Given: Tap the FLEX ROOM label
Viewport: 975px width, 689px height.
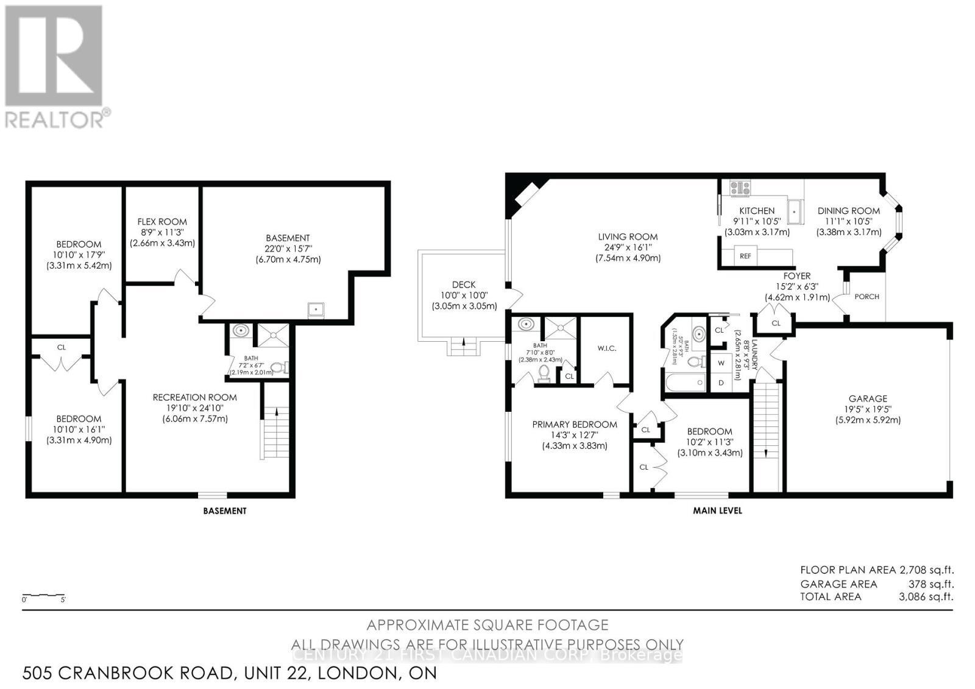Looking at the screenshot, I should [x=162, y=222].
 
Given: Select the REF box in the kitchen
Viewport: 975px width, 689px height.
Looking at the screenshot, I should [x=745, y=256].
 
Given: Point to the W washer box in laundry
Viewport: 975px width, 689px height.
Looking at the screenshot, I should [x=721, y=363].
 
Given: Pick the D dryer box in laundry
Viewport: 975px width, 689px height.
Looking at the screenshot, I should [x=721, y=383].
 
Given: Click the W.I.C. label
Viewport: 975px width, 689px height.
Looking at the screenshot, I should [x=607, y=348].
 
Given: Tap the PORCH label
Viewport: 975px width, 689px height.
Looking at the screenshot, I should [x=867, y=297].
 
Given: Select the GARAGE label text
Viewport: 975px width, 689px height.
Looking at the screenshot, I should [x=868, y=398].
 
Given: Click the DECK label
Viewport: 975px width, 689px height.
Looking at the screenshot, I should [x=464, y=284].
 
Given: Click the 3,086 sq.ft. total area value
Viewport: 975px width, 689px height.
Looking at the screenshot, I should [x=926, y=596].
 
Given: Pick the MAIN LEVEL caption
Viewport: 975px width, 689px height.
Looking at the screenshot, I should [x=717, y=511].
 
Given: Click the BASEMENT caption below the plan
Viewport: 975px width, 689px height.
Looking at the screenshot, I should [x=225, y=511].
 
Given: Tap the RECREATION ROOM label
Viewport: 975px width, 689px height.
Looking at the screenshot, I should [x=194, y=397].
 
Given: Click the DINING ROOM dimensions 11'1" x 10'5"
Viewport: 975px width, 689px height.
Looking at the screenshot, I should [x=849, y=221].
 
